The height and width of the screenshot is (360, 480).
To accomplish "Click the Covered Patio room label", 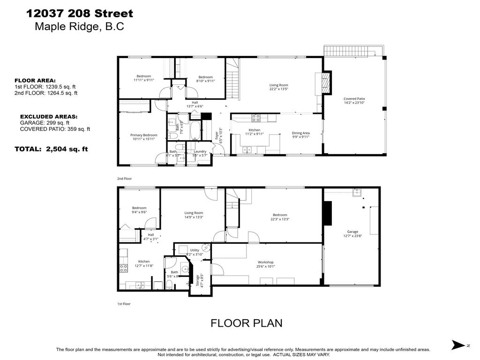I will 354,101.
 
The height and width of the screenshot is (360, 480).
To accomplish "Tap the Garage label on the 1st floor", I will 352,233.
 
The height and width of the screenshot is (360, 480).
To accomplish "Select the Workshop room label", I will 265,264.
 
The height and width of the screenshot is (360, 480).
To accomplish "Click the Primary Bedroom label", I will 143,137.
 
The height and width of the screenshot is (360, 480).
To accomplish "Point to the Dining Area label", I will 300,135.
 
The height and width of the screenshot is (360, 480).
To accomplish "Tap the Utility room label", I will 195,252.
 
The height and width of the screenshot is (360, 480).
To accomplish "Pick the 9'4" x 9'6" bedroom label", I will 139,210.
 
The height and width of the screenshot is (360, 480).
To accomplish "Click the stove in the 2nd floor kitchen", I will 256,118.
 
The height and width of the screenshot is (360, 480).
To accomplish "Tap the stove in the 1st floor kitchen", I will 124,268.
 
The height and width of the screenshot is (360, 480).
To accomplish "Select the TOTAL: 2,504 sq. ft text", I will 51,149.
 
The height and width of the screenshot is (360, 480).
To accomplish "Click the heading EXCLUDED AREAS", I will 49,116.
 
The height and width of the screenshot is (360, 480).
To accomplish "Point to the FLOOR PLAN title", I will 246,323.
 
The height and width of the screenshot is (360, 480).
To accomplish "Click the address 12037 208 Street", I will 80,14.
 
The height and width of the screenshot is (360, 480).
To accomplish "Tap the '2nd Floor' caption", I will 124,179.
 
